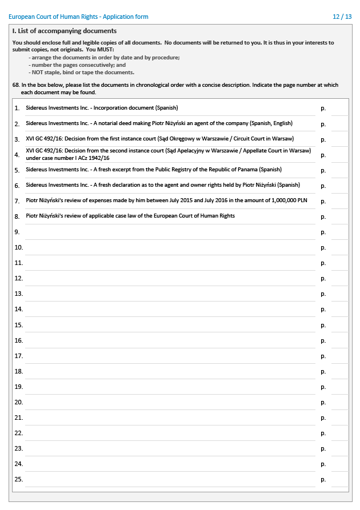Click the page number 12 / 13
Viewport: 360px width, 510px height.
point(342,17)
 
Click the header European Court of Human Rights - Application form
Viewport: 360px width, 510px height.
point(78,17)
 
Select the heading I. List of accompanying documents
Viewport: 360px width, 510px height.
point(65,31)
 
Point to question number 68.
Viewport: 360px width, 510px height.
point(16,85)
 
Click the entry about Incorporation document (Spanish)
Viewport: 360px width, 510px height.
point(102,108)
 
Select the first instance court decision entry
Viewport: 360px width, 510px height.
point(160,139)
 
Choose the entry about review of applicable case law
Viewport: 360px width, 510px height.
point(130,216)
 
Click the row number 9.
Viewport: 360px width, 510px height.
point(17,232)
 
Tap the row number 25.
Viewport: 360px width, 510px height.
point(18,479)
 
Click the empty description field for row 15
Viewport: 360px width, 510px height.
point(170,324)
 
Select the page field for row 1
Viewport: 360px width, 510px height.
point(339,108)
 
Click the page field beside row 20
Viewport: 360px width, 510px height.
point(339,402)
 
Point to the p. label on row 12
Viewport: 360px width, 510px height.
point(323,279)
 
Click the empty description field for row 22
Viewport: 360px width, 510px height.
point(170,433)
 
